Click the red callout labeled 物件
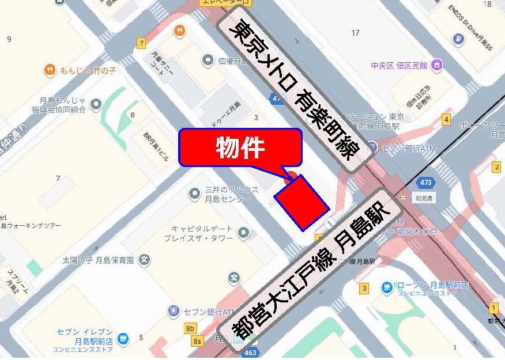point(240,148)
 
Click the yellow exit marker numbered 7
point(141,43)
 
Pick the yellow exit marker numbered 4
point(446,119)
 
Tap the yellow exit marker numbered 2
point(496,167)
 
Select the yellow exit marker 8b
point(190,329)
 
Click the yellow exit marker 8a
point(198,341)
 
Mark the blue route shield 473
point(426,183)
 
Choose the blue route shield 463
point(250,352)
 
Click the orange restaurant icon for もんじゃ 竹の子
point(50,70)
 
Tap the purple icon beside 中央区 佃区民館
point(438,65)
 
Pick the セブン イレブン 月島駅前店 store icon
point(122,338)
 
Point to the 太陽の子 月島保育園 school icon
point(144,260)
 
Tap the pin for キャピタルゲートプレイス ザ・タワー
point(244,233)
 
